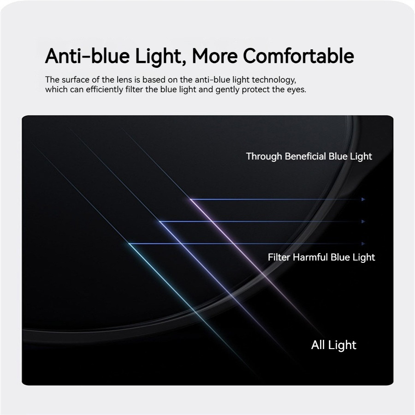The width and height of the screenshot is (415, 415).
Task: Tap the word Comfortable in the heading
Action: [298, 56]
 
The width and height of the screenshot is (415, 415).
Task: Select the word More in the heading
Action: [214, 56]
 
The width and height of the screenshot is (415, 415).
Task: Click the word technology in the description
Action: [274, 80]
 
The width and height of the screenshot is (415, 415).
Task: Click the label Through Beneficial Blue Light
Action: [309, 156]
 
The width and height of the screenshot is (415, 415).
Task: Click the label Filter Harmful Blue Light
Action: [321, 257]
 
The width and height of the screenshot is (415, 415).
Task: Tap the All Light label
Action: [333, 345]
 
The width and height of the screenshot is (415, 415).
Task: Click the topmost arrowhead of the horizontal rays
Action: [363, 199]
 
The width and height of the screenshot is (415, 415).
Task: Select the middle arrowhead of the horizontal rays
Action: [363, 221]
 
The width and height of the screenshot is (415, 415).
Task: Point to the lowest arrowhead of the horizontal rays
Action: [363, 244]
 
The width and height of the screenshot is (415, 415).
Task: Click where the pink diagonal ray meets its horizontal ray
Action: [190, 199]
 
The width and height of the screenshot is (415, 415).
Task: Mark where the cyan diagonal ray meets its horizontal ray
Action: [129, 243]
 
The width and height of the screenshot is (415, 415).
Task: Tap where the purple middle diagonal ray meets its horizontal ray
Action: [160, 221]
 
